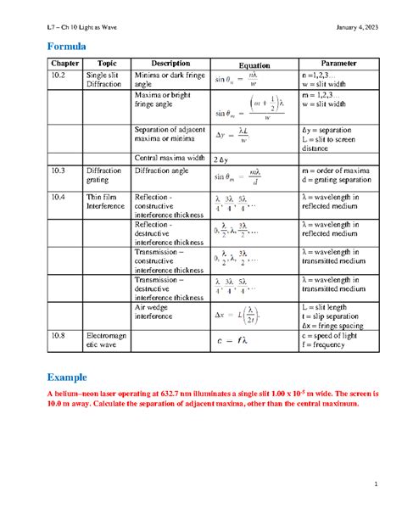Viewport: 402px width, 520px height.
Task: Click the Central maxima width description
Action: [166, 158]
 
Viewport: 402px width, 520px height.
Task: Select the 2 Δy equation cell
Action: [221, 159]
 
